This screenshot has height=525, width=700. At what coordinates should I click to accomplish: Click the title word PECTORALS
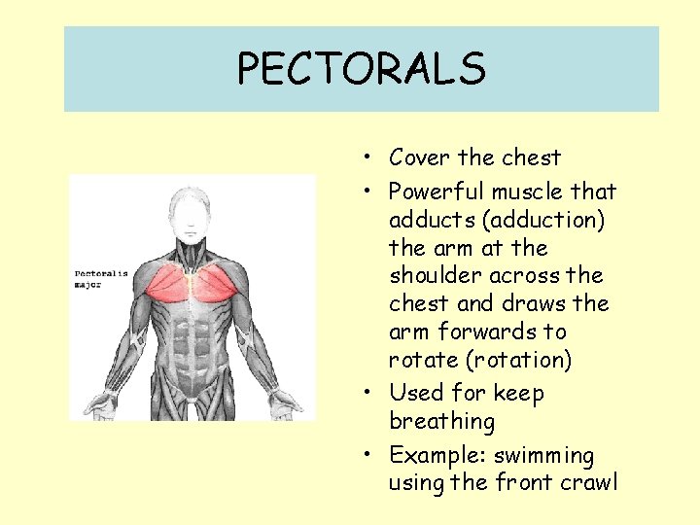click(361, 69)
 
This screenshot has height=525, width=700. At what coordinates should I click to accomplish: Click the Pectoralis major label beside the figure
click(101, 279)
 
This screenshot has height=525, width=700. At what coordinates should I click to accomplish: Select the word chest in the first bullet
click(533, 157)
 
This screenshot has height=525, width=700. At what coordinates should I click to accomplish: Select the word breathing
click(441, 421)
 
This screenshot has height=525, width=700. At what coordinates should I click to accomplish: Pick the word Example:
click(437, 455)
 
